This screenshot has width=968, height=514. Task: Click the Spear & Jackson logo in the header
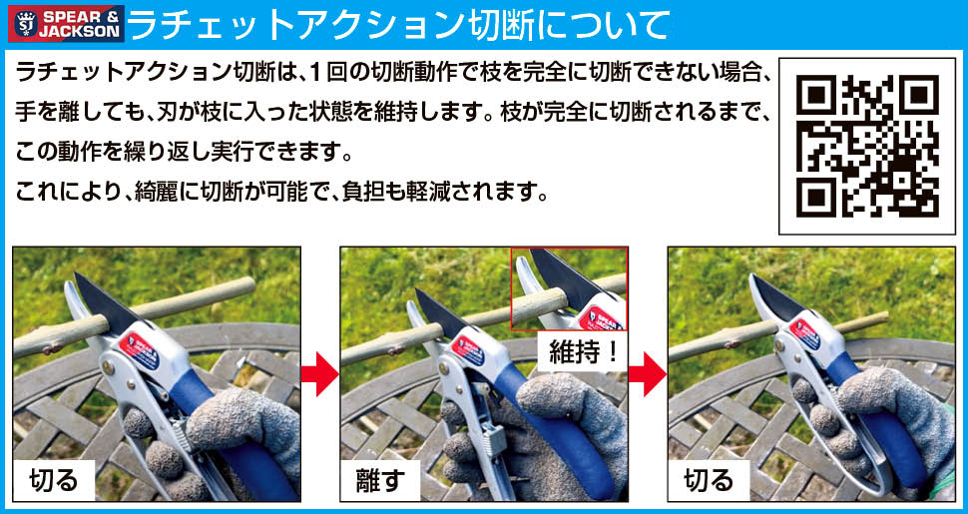[x=66, y=24]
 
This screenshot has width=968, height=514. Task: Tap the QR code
[x=867, y=147]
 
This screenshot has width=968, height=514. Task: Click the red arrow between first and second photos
[x=319, y=373]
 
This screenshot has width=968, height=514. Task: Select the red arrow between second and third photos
[x=648, y=373]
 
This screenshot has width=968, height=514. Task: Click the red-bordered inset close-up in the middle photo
[x=569, y=288]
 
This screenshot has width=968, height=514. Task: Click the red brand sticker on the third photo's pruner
[x=804, y=333]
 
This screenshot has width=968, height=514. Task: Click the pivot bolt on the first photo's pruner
[x=109, y=368]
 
